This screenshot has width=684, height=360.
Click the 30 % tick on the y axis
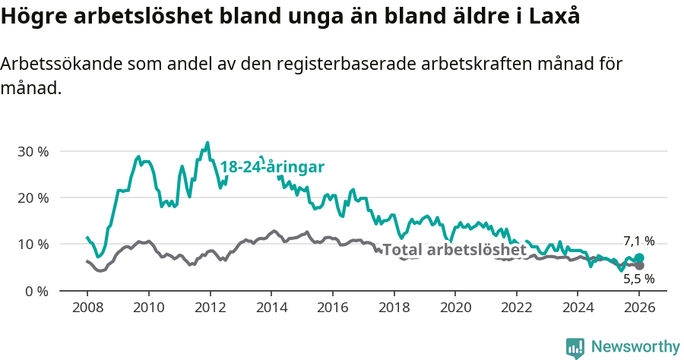(32, 151)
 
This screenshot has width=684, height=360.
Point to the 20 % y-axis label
(32, 197)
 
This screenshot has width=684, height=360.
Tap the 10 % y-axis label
(32, 244)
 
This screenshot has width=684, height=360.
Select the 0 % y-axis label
(35, 291)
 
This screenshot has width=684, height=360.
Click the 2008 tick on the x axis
(87, 308)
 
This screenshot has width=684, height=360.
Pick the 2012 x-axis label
(210, 308)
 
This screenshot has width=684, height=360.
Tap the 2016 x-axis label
(332, 308)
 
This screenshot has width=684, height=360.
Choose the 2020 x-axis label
(455, 308)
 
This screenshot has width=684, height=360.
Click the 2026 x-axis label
(639, 308)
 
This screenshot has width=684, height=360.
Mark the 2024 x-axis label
(578, 308)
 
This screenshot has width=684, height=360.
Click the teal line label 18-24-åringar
(272, 167)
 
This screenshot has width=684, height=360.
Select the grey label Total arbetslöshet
(454, 250)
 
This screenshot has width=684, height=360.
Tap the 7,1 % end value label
(638, 241)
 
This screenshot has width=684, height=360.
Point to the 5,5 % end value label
(638, 279)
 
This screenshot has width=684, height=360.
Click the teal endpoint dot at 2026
(639, 258)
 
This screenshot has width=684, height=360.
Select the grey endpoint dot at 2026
(639, 266)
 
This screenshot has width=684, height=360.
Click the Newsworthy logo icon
(575, 347)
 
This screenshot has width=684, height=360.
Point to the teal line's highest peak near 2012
(207, 142)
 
